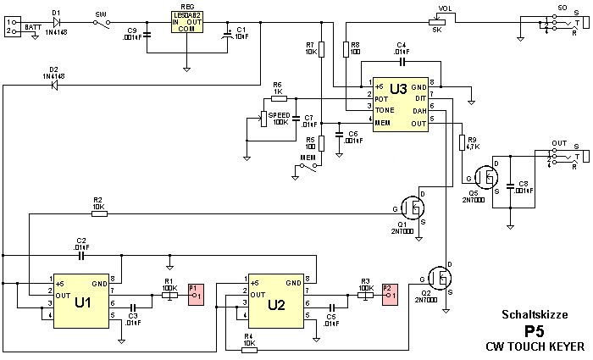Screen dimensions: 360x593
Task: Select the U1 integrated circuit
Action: tap(82, 300)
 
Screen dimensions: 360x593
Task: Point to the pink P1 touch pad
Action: tap(194, 292)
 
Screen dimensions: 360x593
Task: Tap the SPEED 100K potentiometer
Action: tap(263, 118)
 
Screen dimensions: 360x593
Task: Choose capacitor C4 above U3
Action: tap(402, 62)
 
